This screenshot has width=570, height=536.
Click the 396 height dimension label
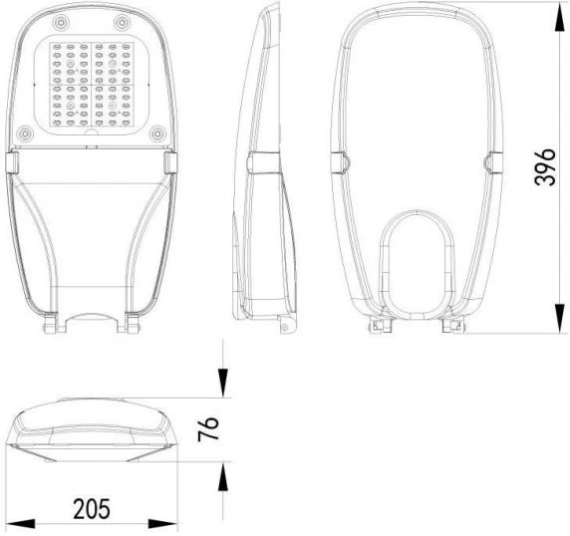pyautogui.click(x=545, y=167)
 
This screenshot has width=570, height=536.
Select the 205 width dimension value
pyautogui.click(x=92, y=508)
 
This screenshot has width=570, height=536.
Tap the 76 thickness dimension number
pyautogui.click(x=208, y=428)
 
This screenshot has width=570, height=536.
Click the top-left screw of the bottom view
pyautogui.click(x=61, y=23)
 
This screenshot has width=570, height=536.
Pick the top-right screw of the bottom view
pyautogui.click(x=122, y=23)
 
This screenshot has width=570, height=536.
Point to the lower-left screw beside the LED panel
pyautogui.click(x=25, y=134)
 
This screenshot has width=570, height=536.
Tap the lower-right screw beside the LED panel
pyautogui.click(x=157, y=134)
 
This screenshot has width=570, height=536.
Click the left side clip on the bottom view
pyautogui.click(x=12, y=162)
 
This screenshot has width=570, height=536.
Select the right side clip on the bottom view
pyautogui.click(x=170, y=162)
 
